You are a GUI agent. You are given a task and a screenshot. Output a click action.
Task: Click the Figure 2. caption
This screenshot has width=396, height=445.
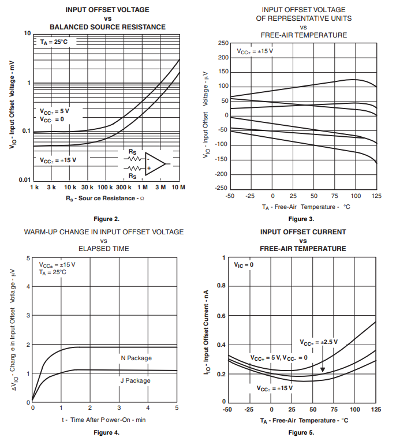click(107, 219)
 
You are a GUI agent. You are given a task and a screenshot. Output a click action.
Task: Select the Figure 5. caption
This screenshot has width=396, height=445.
click(301, 432)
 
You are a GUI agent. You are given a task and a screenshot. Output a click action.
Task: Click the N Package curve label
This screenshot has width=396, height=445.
click(136, 358)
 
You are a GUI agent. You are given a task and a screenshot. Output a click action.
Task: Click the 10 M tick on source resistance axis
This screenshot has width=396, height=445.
click(178, 188)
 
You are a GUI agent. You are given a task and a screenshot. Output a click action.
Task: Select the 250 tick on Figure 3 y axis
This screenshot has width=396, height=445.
click(222, 43)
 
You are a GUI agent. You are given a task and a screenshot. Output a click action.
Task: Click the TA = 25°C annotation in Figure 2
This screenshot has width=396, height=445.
click(55, 42)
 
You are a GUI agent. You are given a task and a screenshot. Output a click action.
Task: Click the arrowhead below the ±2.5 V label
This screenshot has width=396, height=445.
click(323, 370)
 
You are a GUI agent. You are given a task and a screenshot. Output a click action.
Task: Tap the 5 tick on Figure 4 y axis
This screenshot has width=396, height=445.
click(28, 258)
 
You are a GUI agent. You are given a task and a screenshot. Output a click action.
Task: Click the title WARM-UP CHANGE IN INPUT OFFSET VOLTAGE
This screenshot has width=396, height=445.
click(104, 232)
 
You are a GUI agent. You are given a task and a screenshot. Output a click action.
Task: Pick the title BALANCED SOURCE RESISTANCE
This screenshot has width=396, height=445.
click(107, 27)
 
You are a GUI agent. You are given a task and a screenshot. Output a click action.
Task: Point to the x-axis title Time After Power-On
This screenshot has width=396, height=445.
click(104, 420)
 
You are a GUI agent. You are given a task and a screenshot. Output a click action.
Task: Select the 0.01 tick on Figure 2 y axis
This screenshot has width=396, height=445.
click(24, 180)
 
